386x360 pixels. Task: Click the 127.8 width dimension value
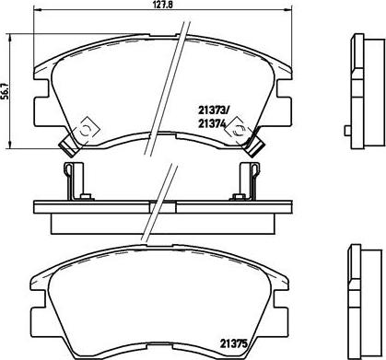tap(161, 4)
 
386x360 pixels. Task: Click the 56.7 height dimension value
tap(4, 91)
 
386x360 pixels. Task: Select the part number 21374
tap(212, 123)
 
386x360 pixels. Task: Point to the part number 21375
tap(233, 343)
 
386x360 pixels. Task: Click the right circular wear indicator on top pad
tap(238, 130)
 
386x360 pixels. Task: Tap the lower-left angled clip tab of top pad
tap(69, 146)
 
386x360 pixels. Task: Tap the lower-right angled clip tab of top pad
tap(253, 146)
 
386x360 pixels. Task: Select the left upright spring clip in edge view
tap(73, 181)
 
